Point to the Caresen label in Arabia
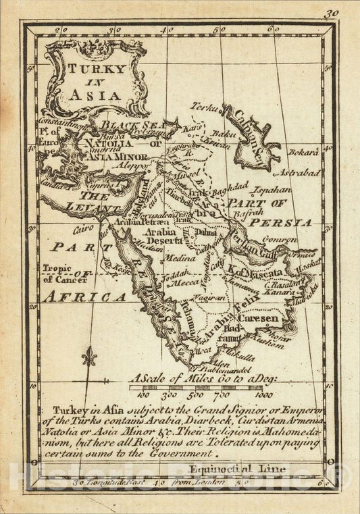click(263, 315)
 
